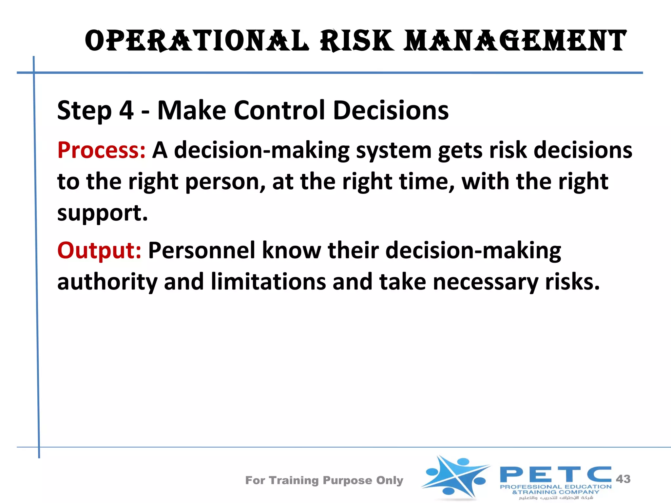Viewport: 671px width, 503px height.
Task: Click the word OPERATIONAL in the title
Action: (x=197, y=41)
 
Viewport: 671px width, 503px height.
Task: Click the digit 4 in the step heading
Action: (x=126, y=110)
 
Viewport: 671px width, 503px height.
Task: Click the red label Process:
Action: (x=101, y=150)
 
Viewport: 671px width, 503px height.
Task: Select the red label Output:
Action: (x=99, y=251)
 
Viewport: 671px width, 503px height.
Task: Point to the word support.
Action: (x=103, y=213)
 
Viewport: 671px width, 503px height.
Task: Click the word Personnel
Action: (x=201, y=251)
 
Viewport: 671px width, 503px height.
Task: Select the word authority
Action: (x=107, y=282)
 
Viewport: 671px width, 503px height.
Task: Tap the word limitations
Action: (x=268, y=282)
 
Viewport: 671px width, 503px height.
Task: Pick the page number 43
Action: (x=623, y=479)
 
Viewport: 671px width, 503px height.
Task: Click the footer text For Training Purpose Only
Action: (x=324, y=480)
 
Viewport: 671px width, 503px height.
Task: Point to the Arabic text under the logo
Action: (x=556, y=498)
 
